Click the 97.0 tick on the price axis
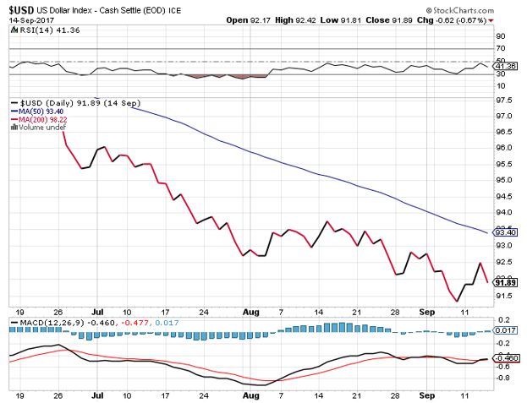(x=506, y=115)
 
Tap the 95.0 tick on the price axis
(x=506, y=180)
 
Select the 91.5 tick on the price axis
(x=506, y=295)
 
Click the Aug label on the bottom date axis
(x=252, y=395)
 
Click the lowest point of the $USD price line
(x=458, y=301)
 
